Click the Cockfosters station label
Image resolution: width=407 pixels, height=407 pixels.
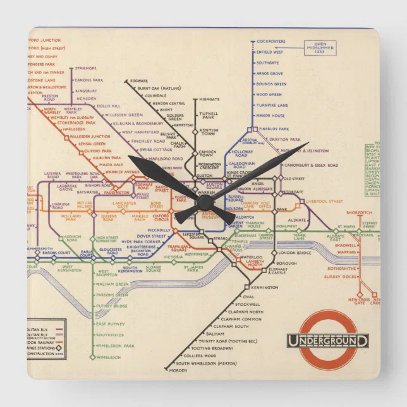tap(272, 42)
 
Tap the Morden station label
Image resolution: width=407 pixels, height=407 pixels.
tap(179, 370)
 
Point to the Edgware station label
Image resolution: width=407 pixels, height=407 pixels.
tap(138, 80)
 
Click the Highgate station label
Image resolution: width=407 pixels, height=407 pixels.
tap(209, 99)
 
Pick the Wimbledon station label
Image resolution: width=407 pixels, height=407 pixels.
tap(108, 357)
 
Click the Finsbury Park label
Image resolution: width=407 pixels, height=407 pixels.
tap(274, 129)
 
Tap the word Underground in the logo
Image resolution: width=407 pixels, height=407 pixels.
tap(328, 341)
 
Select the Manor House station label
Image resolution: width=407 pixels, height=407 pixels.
tap(270, 116)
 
